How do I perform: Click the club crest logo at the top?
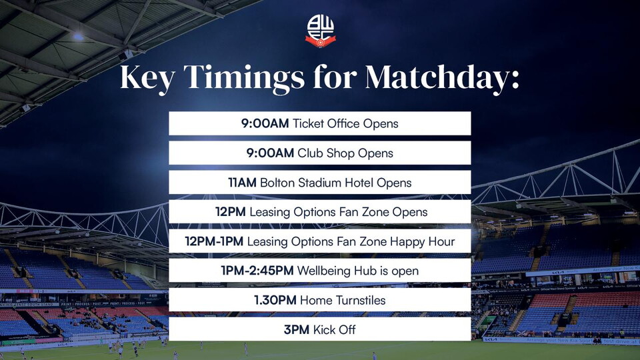click(x=320, y=31)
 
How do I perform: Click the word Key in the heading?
click(x=147, y=78)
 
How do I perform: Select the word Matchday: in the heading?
click(x=442, y=78)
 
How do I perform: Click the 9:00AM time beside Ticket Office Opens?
click(x=265, y=123)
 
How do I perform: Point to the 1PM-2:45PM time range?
click(x=256, y=271)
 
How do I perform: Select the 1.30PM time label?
click(x=275, y=300)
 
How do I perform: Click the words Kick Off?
click(x=333, y=329)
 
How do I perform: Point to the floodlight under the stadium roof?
click(x=78, y=37)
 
